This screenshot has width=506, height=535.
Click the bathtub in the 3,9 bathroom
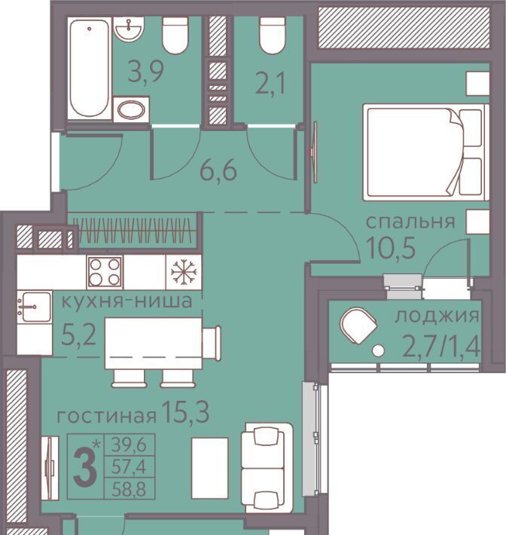click(90, 69)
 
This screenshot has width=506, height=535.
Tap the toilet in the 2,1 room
click(272, 35)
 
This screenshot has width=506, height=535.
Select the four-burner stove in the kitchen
click(105, 272)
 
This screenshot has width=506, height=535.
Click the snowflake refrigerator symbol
click(184, 272)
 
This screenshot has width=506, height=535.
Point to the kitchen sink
click(35, 307)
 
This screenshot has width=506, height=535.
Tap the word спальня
click(410, 222)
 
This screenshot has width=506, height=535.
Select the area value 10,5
click(390, 248)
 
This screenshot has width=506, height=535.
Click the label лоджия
click(437, 316)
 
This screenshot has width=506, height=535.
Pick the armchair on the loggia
click(358, 326)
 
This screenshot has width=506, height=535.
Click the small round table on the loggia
click(378, 350)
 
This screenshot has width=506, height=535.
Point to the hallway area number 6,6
click(218, 170)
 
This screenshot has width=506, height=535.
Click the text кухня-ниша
click(126, 301)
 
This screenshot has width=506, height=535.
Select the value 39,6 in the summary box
click(129, 445)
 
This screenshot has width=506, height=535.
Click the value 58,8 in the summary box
click(129, 490)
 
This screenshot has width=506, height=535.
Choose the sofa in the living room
click(267, 467)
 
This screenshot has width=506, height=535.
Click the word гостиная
click(107, 416)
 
